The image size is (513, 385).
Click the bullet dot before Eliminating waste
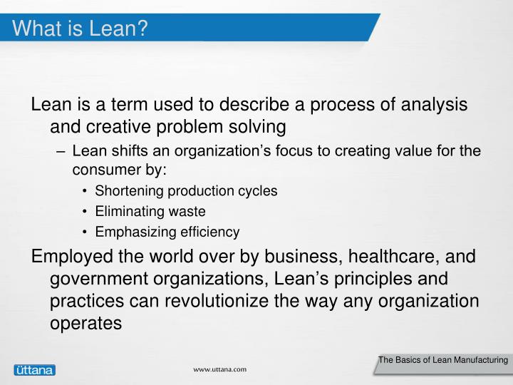pos(85,212)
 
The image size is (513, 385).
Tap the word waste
pos(187,212)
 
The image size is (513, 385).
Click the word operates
pos(86,323)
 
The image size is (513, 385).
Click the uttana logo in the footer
pos(34,369)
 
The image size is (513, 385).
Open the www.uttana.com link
pos(221,369)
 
